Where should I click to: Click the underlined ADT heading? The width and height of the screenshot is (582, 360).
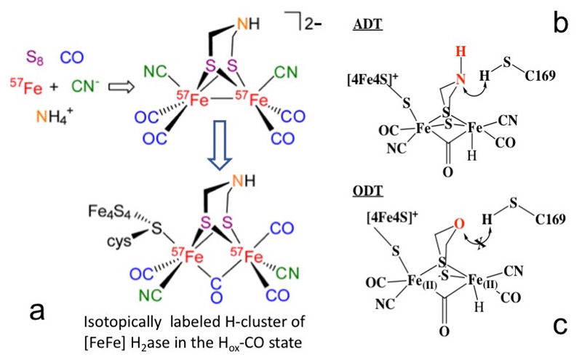pos(389,23)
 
